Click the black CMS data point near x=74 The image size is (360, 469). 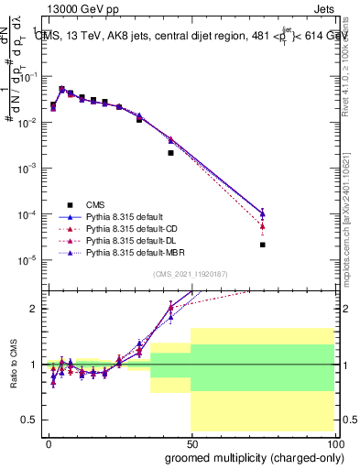point(263,245)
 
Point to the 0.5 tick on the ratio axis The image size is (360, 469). point(32,420)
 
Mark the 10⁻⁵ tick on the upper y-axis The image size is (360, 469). point(29,260)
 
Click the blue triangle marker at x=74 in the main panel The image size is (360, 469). point(263,213)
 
